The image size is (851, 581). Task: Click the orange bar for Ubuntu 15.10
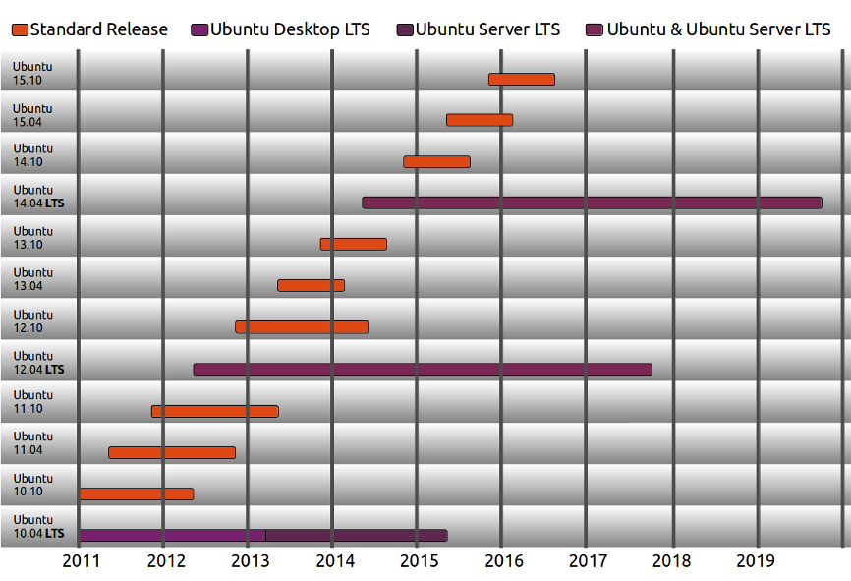(x=521, y=79)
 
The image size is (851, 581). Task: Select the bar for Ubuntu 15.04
(x=480, y=120)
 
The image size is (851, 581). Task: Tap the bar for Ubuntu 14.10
(x=436, y=161)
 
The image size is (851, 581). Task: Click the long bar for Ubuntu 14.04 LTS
(x=592, y=203)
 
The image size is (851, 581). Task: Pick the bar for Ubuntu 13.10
(x=353, y=244)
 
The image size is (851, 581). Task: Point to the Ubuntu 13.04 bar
(x=311, y=285)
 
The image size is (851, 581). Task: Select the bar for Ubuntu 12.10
(x=302, y=326)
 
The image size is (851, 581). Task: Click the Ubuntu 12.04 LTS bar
(x=423, y=369)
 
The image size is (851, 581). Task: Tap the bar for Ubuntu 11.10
(x=215, y=411)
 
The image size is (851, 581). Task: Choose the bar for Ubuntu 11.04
(x=172, y=452)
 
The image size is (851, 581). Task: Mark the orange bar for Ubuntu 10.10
(x=137, y=494)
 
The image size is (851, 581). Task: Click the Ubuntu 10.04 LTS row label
(x=38, y=526)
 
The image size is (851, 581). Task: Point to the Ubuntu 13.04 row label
(x=32, y=278)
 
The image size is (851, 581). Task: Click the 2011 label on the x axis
(x=81, y=561)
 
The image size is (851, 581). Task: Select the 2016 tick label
(x=504, y=561)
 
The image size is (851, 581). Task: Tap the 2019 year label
(x=757, y=561)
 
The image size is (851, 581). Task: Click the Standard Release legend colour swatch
(x=20, y=29)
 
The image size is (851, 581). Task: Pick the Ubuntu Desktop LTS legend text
(x=290, y=29)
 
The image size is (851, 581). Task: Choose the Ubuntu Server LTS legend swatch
(x=405, y=29)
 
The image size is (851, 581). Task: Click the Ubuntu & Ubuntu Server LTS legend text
(x=718, y=29)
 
